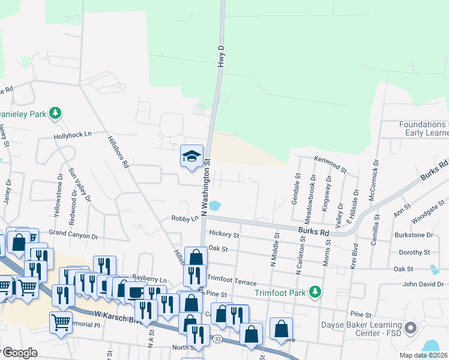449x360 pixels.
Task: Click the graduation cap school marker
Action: tap(191, 157)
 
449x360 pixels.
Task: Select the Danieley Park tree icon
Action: tap(55, 112)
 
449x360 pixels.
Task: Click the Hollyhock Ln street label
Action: tap(71, 134)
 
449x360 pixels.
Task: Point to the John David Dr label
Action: tap(426, 284)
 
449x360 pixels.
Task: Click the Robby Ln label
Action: tap(184, 219)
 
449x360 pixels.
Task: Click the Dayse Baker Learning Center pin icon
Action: tap(411, 328)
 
